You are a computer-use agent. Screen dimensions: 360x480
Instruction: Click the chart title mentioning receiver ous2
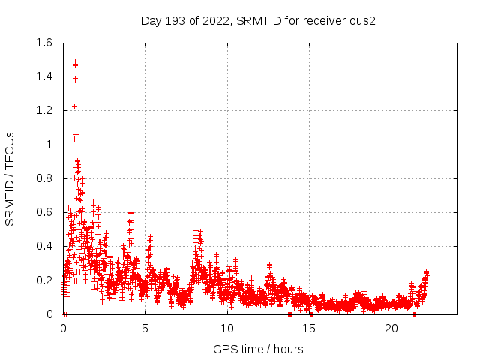(x=258, y=20)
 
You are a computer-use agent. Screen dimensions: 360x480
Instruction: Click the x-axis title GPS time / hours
(x=258, y=349)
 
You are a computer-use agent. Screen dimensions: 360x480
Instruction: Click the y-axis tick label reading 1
(x=51, y=145)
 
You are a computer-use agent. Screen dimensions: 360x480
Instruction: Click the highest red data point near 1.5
(x=75, y=62)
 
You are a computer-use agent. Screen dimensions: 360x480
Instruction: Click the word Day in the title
(x=152, y=20)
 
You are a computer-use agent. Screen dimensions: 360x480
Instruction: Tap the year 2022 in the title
(x=217, y=20)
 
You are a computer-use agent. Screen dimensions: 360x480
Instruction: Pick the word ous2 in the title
(x=362, y=20)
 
